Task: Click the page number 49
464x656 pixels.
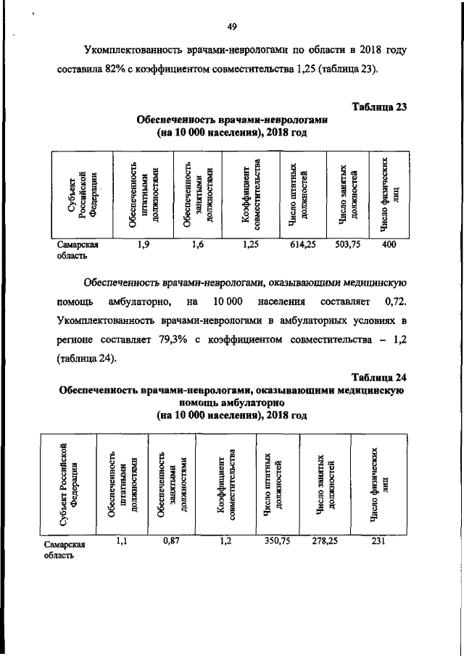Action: pos(232,28)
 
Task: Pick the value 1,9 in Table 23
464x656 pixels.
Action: pos(143,245)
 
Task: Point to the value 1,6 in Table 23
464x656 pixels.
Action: pos(197,245)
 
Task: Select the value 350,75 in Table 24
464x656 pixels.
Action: pos(270,539)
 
